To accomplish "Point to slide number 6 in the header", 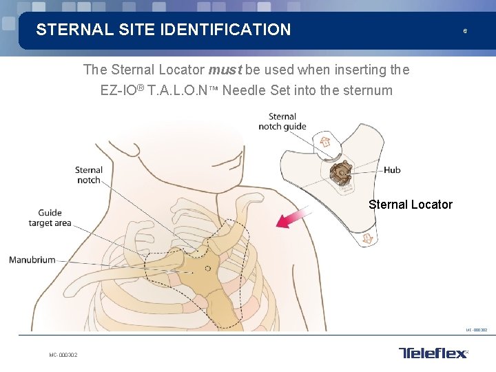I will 465,31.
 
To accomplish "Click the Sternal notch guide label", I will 282,121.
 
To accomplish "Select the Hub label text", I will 392,170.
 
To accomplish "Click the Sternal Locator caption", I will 411,205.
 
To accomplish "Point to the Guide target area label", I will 50,218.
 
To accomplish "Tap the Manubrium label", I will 32,260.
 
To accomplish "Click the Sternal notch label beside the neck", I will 88,175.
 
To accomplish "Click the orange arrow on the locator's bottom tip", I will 367,238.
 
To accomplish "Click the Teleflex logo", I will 433,353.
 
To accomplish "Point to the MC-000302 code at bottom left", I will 63,355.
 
